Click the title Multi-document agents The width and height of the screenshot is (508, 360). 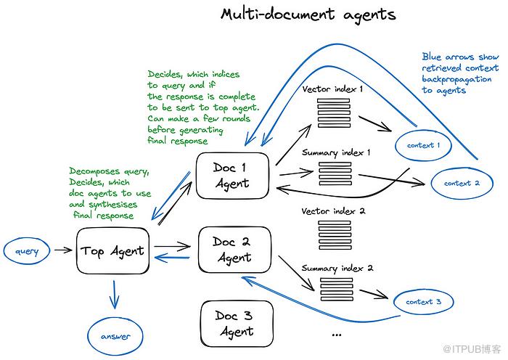coord(308,15)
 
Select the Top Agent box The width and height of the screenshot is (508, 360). coord(113,251)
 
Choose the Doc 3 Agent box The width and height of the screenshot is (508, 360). coord(234,323)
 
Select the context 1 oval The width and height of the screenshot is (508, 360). coord(420,145)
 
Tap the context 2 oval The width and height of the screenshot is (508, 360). coord(462,183)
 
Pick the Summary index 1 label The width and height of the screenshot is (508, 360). coord(336,152)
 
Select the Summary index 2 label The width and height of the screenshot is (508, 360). coord(337,268)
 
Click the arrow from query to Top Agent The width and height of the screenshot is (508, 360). coord(64,251)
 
